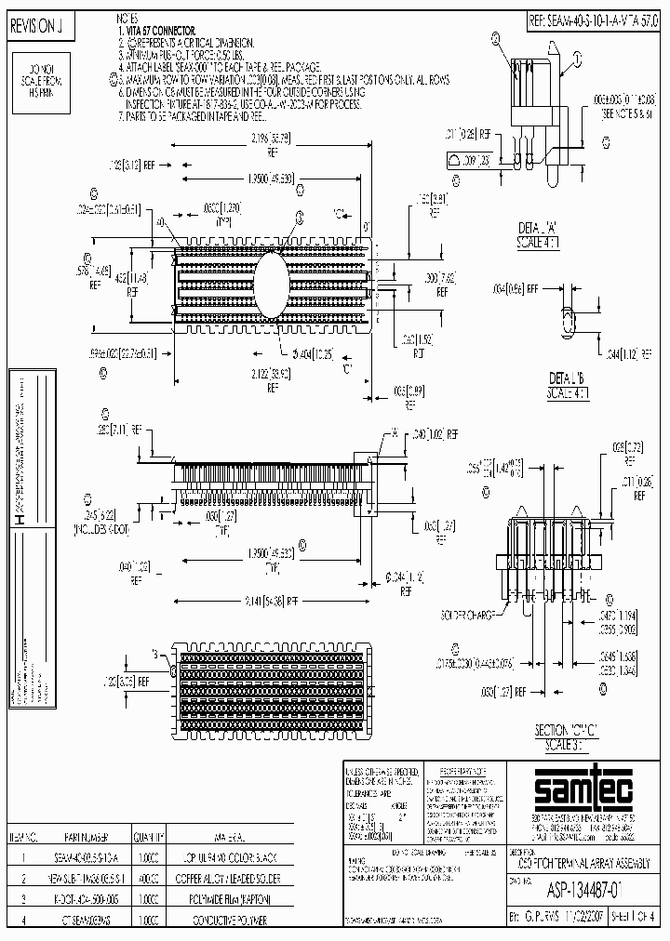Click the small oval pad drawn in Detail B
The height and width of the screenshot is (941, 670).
pos(564,319)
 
